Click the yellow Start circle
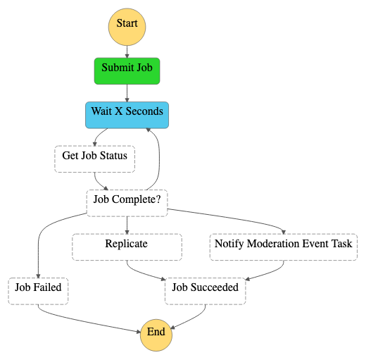(x=127, y=27)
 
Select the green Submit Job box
(x=127, y=71)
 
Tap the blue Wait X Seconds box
(x=127, y=115)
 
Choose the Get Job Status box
(x=95, y=159)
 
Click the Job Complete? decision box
(x=127, y=203)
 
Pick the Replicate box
(x=127, y=247)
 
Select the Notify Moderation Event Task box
(x=284, y=247)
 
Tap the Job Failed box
(x=38, y=291)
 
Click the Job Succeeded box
(x=206, y=291)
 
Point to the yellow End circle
(x=156, y=335)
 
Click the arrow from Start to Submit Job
(x=127, y=52)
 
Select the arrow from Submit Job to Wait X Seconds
(x=127, y=93)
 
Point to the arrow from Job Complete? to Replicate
(x=127, y=225)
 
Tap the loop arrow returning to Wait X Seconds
(x=159, y=159)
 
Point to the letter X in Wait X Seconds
(x=118, y=111)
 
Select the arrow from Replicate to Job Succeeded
(x=143, y=273)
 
